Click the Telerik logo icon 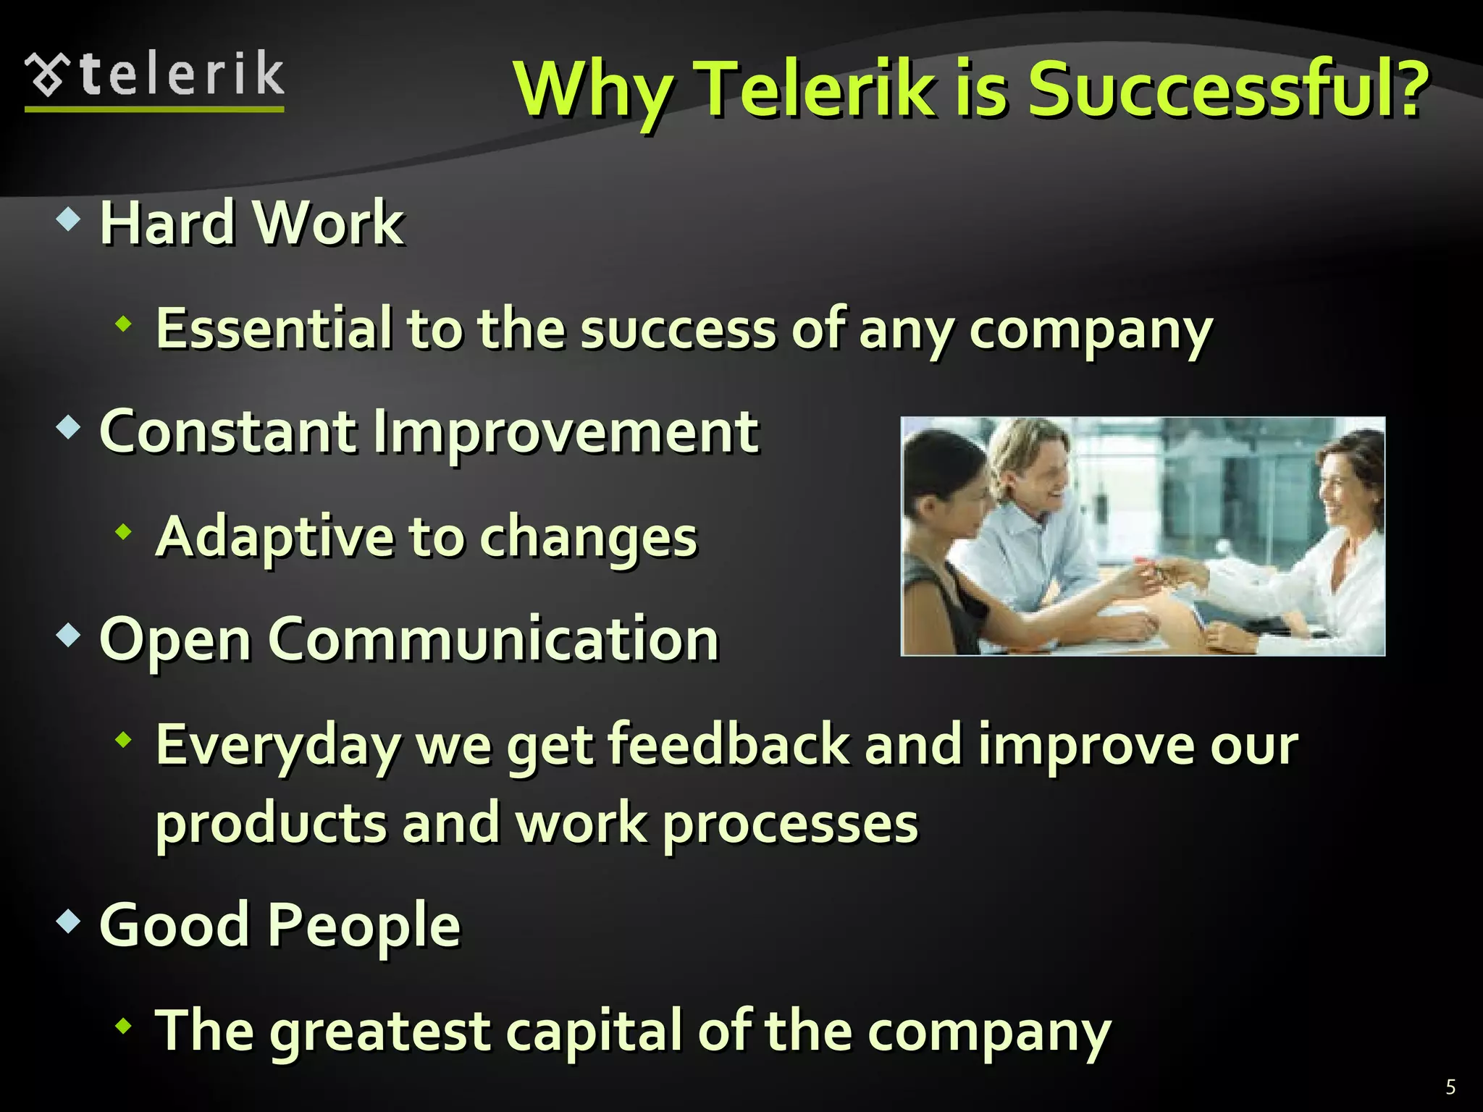coord(49,75)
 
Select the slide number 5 coord(1450,1087)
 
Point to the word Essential coord(274,329)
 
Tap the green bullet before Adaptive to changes coord(125,532)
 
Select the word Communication coord(493,639)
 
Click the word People coord(364,925)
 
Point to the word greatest coord(380,1031)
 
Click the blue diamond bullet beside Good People coord(68,922)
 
